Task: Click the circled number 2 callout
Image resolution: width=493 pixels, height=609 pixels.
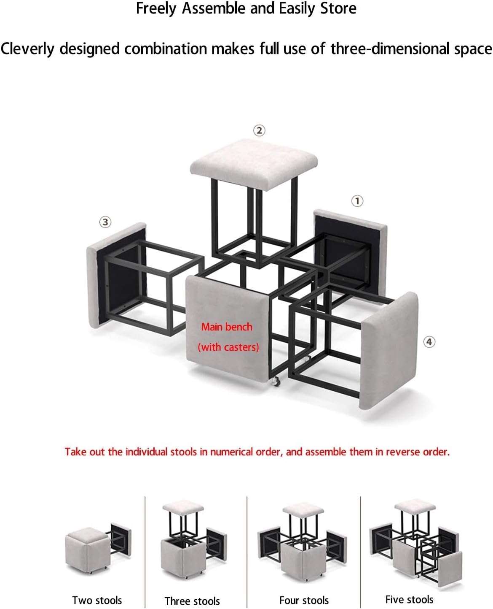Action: pyautogui.click(x=259, y=130)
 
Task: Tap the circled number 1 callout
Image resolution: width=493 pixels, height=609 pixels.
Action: pyautogui.click(x=357, y=201)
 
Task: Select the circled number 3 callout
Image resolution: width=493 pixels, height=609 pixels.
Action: pyautogui.click(x=105, y=222)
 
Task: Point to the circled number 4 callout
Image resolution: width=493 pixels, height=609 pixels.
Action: pyautogui.click(x=429, y=342)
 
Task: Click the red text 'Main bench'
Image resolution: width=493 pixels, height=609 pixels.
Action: pyautogui.click(x=227, y=327)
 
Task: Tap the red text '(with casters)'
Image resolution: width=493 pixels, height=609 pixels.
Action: pyautogui.click(x=228, y=347)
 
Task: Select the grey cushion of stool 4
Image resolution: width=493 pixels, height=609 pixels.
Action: pyautogui.click(x=389, y=350)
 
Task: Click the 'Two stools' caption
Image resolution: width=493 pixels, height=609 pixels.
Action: pyautogui.click(x=97, y=600)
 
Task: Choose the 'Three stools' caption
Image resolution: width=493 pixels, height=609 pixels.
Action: pyautogui.click(x=192, y=601)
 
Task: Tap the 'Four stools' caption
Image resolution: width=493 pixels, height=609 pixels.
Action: pyautogui.click(x=304, y=600)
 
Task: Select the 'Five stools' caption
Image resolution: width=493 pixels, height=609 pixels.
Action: pyautogui.click(x=409, y=599)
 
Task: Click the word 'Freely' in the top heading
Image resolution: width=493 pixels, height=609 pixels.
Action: pyautogui.click(x=156, y=8)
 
